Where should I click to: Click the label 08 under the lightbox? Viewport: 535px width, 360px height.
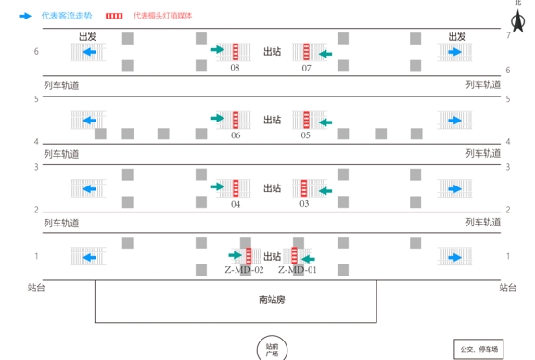pyautogui.click(x=235, y=68)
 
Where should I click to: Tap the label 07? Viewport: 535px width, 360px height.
pyautogui.click(x=306, y=68)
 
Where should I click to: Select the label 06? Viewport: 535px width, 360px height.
pyautogui.click(x=236, y=135)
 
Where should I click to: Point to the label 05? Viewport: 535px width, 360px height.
pyautogui.click(x=305, y=135)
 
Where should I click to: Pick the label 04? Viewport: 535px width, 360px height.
pyautogui.click(x=236, y=204)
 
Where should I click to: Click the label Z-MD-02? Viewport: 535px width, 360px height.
pyautogui.click(x=245, y=270)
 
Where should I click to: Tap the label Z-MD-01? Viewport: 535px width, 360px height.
pyautogui.click(x=298, y=270)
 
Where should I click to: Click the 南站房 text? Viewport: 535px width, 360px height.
pyautogui.click(x=272, y=300)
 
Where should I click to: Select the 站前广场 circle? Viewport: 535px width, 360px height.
pyautogui.click(x=272, y=349)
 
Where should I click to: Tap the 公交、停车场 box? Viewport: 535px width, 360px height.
pyautogui.click(x=478, y=349)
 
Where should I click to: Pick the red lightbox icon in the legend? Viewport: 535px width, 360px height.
pyautogui.click(x=114, y=16)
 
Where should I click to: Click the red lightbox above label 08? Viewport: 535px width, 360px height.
pyautogui.click(x=236, y=50)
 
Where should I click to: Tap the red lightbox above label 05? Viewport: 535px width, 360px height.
pyautogui.click(x=305, y=119)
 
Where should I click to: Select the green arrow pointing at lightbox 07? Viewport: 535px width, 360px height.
pyautogui.click(x=325, y=54)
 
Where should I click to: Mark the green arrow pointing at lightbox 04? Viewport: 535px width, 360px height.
pyautogui.click(x=218, y=186)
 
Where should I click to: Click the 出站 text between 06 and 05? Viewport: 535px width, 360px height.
pyautogui.click(x=272, y=120)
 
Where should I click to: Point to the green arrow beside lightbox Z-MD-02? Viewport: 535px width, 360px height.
pyautogui.click(x=235, y=254)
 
